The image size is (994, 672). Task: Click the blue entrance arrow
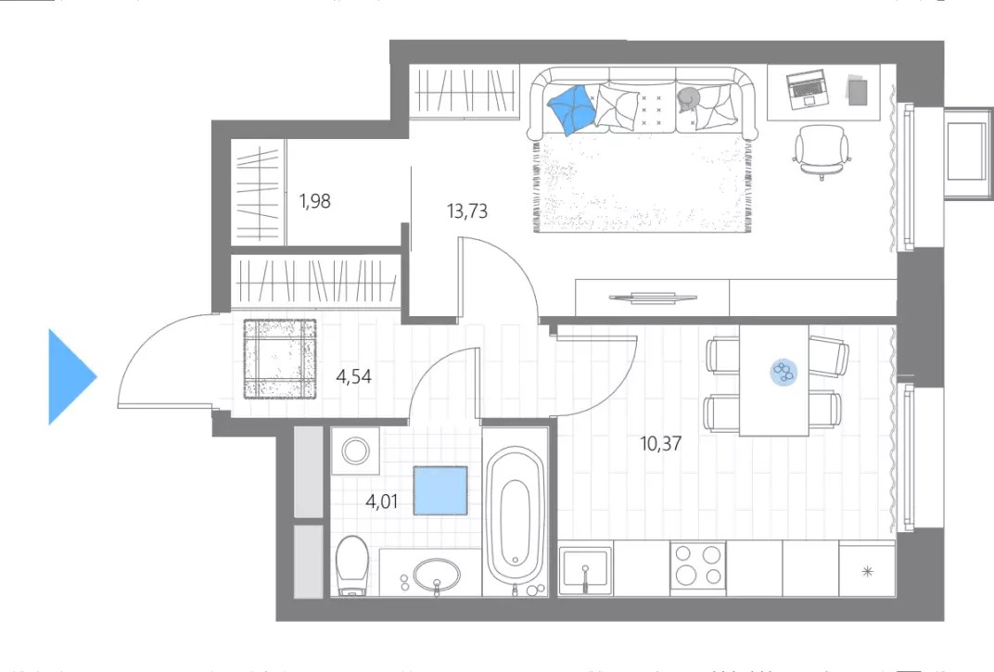coord(70,376)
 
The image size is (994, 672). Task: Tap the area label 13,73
coord(467,210)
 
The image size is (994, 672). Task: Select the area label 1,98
coord(315,201)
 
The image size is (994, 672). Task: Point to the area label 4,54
coord(353,376)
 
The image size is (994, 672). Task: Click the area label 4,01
coord(382,501)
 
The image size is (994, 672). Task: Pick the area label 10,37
coord(660,443)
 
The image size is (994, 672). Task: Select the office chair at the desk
coord(822,151)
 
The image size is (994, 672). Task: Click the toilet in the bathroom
coord(351,565)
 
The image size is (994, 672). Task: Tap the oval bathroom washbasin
coord(437,575)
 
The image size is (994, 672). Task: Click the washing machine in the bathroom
coord(355,450)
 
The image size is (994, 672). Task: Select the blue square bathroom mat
coord(440,490)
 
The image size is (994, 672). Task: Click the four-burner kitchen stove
coord(698,566)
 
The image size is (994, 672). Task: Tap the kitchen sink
coord(585,571)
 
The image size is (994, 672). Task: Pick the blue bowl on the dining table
coord(784,372)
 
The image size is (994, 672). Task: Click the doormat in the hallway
coord(280,360)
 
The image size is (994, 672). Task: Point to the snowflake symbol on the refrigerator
coord(868,572)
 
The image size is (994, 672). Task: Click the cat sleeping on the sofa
coord(688,99)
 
